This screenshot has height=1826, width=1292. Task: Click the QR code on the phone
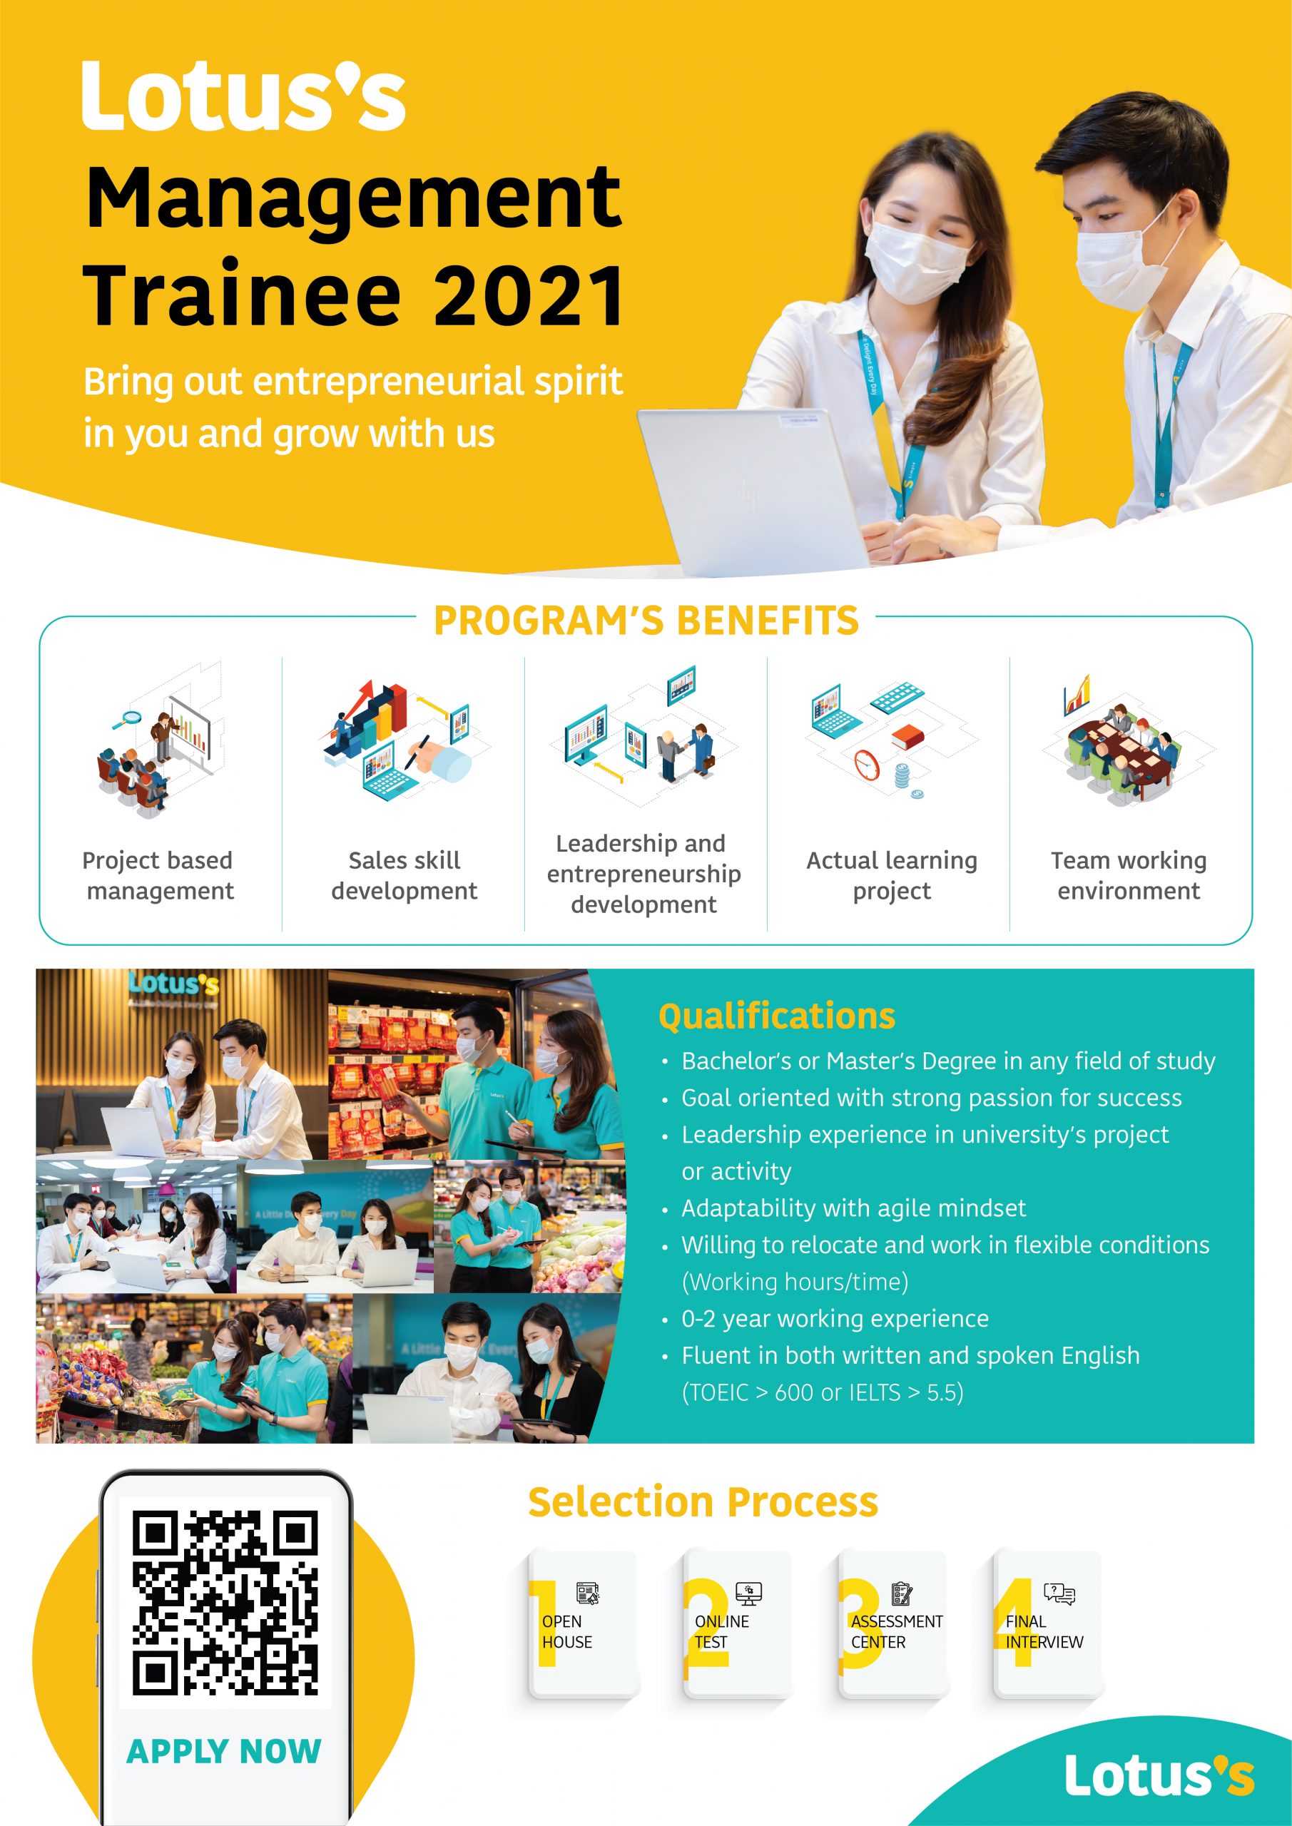pyautogui.click(x=225, y=1603)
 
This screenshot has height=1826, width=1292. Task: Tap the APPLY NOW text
pyautogui.click(x=223, y=1751)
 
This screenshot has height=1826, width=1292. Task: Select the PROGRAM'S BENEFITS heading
pyautogui.click(x=646, y=621)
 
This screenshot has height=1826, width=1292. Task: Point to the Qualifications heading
pyautogui.click(x=776, y=1016)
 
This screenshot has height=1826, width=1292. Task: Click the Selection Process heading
pyautogui.click(x=703, y=1502)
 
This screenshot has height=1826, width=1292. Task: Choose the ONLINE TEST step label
pyautogui.click(x=721, y=1632)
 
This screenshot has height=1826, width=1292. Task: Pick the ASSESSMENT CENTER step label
pyautogui.click(x=897, y=1632)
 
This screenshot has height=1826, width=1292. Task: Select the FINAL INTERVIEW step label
pyautogui.click(x=1044, y=1632)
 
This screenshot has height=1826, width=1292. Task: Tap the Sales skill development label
pyautogui.click(x=404, y=876)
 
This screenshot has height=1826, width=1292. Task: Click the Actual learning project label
pyautogui.click(x=892, y=876)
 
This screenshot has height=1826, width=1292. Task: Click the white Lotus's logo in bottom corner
pyautogui.click(x=1160, y=1775)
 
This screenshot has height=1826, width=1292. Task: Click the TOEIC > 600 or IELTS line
pyautogui.click(x=823, y=1392)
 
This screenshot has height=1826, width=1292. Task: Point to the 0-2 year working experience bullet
pyautogui.click(x=835, y=1319)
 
